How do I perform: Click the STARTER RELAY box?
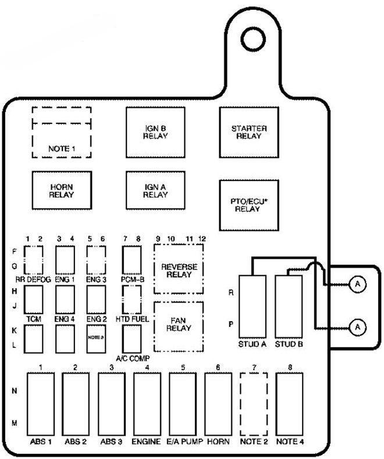[x=248, y=132]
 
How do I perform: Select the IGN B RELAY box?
[x=155, y=132]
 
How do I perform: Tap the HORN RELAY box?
[x=62, y=190]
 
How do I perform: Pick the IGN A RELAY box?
[x=155, y=190]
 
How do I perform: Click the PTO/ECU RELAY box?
[x=248, y=205]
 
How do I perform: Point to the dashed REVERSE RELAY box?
[x=179, y=270]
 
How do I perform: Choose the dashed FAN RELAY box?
[x=179, y=326]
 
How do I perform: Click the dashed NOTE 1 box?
[x=62, y=132]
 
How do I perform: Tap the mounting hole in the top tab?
[x=254, y=40]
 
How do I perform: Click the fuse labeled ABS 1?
[x=41, y=404]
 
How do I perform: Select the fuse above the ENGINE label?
[x=147, y=404]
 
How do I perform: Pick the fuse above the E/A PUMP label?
[x=183, y=404]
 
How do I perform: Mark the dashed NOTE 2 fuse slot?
[x=254, y=404]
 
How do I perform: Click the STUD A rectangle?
[x=253, y=306]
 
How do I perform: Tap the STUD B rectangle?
[x=288, y=306]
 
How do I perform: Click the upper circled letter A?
[x=357, y=284]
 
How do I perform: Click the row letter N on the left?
[x=14, y=391]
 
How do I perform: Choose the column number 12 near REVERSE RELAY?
[x=202, y=239]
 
